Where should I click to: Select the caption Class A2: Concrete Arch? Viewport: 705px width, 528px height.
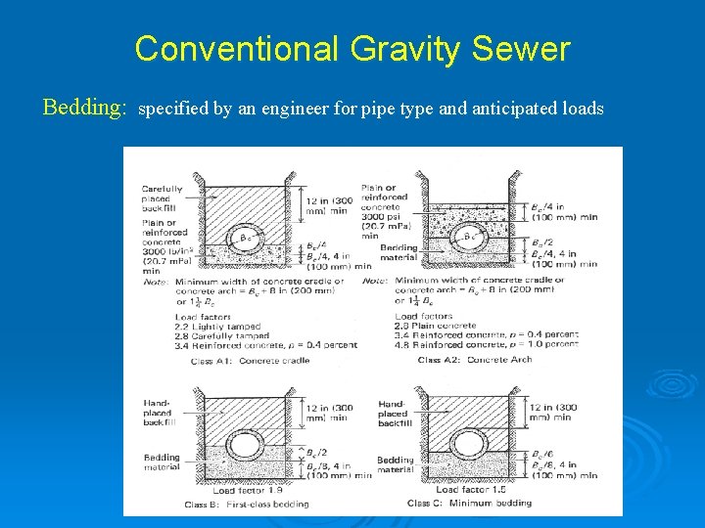tap(474, 361)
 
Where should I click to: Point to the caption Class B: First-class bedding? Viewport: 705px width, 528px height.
tap(247, 505)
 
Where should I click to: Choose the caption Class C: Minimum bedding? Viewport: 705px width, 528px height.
tap(469, 504)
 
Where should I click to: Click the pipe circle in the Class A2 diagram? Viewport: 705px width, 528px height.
tap(470, 236)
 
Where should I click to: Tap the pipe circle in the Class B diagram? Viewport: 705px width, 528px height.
tap(247, 446)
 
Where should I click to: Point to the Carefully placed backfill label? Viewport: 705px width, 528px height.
tap(163, 199)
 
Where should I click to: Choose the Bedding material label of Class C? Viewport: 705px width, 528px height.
tap(396, 464)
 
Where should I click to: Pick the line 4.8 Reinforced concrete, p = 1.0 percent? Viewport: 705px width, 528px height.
tap(487, 344)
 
